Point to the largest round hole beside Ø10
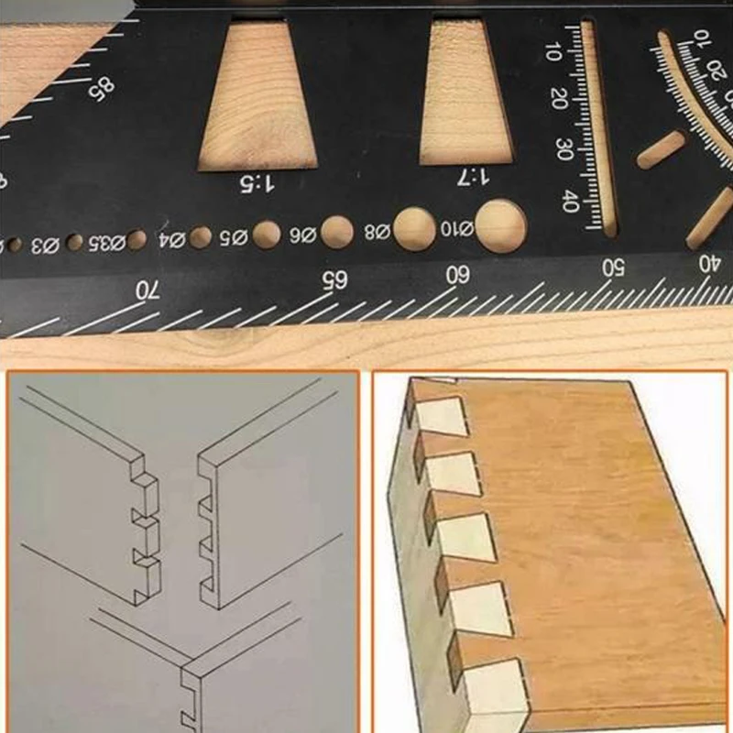coord(501,225)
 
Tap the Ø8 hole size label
coord(377,231)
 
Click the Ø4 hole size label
coord(172,241)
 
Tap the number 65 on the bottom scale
coord(334,280)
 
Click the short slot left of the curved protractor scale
coord(662,150)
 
